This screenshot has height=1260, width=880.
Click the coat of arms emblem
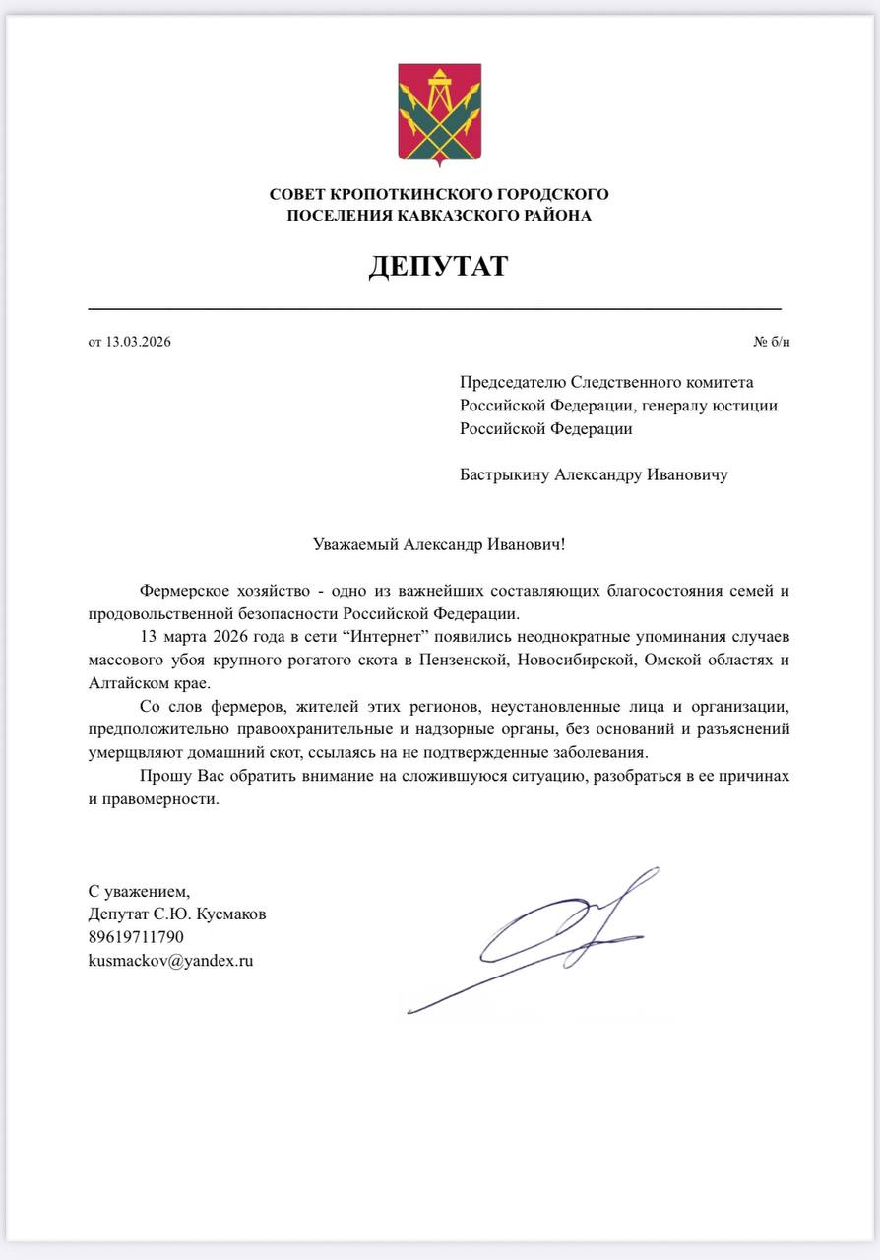pyautogui.click(x=439, y=112)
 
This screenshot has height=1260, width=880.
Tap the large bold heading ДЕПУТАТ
pyautogui.click(x=439, y=266)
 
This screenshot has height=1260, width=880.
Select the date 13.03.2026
pyautogui.click(x=139, y=343)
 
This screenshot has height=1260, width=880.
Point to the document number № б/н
pyautogui.click(x=771, y=343)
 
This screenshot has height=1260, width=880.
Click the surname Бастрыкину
pyautogui.click(x=504, y=475)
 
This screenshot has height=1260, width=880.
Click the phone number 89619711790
pyautogui.click(x=136, y=937)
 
